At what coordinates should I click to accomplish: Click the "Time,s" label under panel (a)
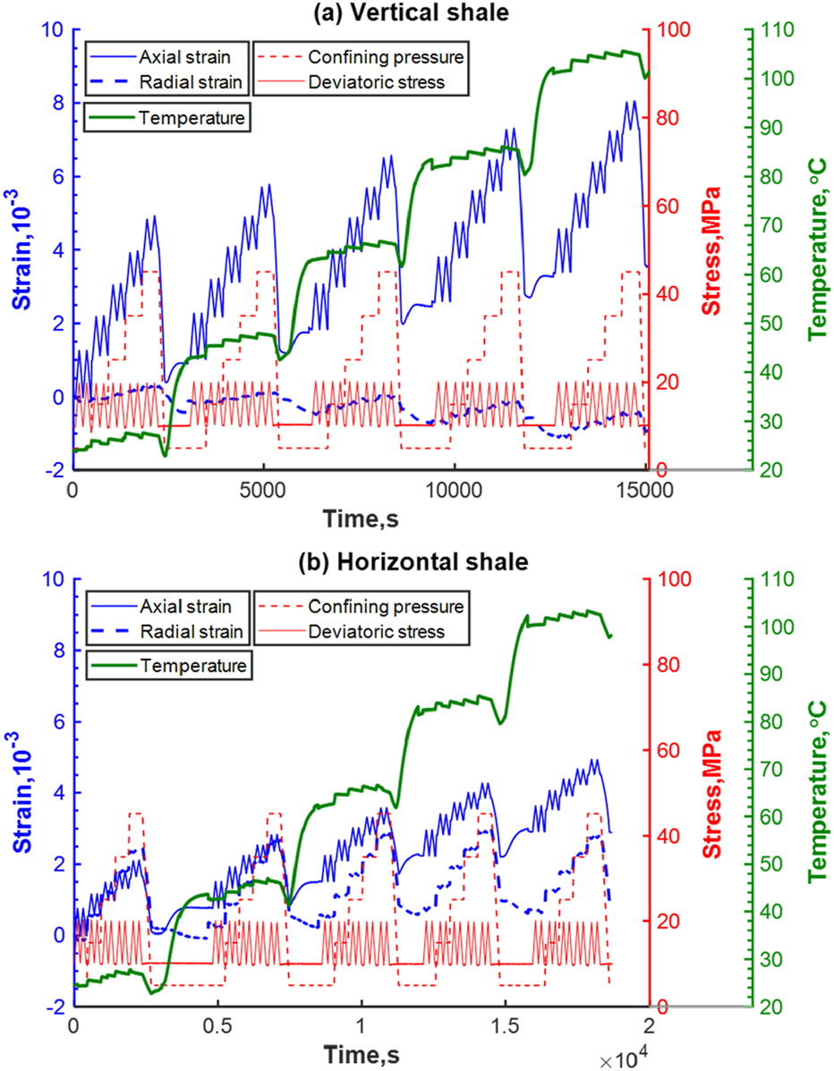359,516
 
